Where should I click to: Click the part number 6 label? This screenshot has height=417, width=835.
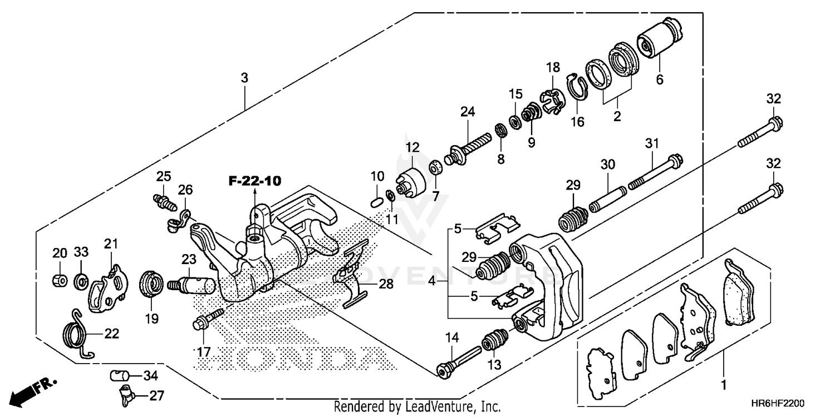tap(660, 80)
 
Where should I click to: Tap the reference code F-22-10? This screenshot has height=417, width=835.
tap(254, 181)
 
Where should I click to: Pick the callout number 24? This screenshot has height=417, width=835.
tap(467, 112)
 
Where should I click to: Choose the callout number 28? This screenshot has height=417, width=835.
tap(386, 284)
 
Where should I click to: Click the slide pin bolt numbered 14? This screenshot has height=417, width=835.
tap(459, 361)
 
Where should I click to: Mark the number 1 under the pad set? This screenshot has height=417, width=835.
tap(724, 384)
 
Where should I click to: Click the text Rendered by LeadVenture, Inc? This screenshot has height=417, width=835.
tap(417, 407)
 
